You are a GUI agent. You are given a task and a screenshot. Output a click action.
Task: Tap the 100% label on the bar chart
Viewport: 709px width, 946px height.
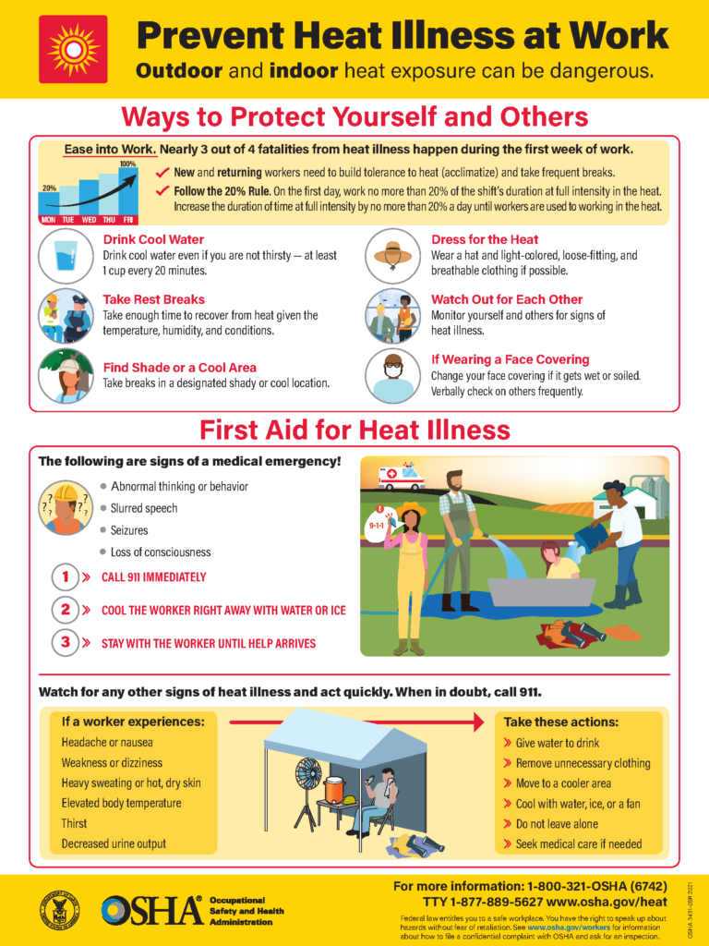pyautogui.click(x=127, y=164)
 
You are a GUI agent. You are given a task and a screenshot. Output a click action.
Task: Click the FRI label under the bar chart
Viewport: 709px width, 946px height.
pyautogui.click(x=127, y=220)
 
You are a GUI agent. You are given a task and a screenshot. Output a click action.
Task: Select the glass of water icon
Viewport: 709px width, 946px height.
pyautogui.click(x=66, y=255)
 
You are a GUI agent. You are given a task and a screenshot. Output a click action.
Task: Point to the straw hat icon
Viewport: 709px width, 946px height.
pyautogui.click(x=393, y=255)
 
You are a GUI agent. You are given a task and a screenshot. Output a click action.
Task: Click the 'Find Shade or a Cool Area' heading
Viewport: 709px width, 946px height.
pyautogui.click(x=179, y=367)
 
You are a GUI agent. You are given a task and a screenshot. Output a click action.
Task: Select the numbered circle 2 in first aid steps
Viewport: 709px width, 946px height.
pyautogui.click(x=66, y=610)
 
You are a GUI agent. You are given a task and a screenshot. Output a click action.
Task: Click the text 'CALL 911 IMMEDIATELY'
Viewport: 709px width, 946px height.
pyautogui.click(x=153, y=577)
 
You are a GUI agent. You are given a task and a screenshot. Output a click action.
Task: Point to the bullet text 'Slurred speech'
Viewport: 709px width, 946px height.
pyautogui.click(x=144, y=508)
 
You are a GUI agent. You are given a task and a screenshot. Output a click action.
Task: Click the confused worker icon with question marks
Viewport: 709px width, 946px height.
pyautogui.click(x=66, y=507)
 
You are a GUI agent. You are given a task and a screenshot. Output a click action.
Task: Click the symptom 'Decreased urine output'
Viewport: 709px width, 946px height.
pyautogui.click(x=114, y=843)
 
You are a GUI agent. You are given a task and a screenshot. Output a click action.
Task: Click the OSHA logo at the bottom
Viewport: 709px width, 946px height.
pyautogui.click(x=152, y=911)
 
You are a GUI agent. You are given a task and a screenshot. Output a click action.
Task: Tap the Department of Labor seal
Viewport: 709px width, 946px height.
pyautogui.click(x=60, y=910)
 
